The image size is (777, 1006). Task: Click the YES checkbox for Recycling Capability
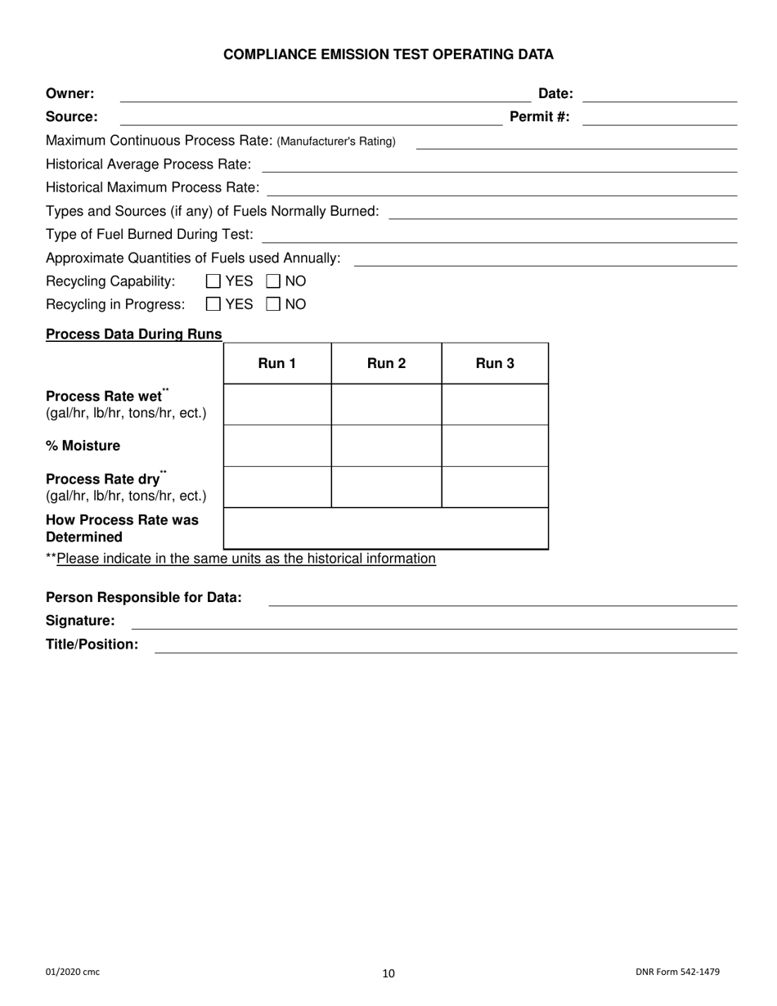pyautogui.click(x=213, y=281)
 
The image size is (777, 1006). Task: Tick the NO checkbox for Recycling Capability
pyautogui.click(x=274, y=281)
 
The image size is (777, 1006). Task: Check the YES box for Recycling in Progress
pyautogui.click(x=213, y=304)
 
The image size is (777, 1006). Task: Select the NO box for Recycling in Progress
pyautogui.click(x=274, y=304)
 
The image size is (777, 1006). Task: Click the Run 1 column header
pyautogui.click(x=277, y=364)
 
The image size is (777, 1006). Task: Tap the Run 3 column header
pyautogui.click(x=495, y=364)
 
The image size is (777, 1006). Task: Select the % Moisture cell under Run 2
pyautogui.click(x=386, y=446)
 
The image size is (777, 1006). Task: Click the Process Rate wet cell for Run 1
pyautogui.click(x=277, y=405)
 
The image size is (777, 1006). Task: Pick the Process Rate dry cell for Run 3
pyautogui.click(x=495, y=487)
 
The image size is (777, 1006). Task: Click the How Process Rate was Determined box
pyautogui.click(x=385, y=528)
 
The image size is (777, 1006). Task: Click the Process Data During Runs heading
pyautogui.click(x=134, y=334)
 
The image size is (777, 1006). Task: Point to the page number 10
pyautogui.click(x=388, y=973)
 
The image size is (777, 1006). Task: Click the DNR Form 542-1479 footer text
pyautogui.click(x=677, y=972)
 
